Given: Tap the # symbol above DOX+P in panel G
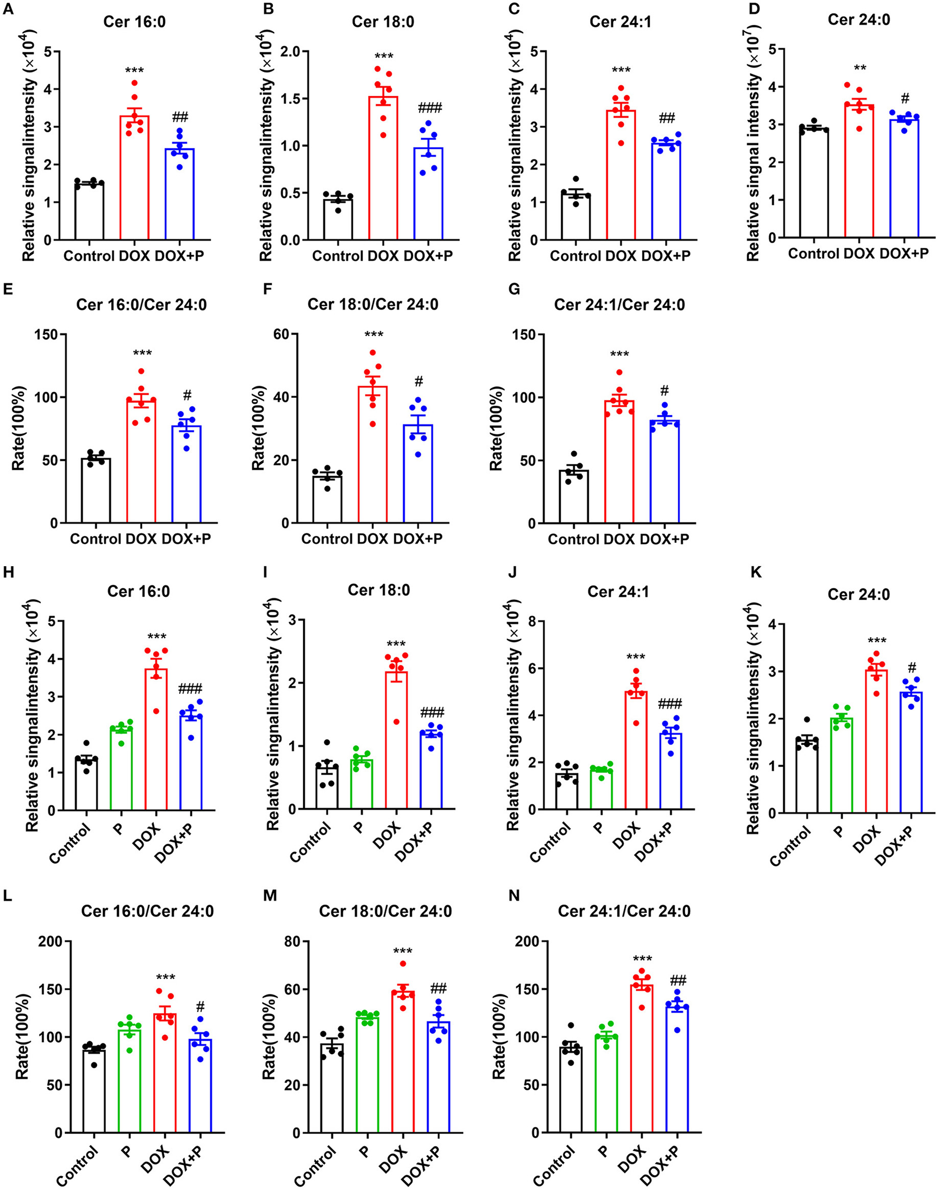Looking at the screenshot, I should pyautogui.click(x=665, y=391).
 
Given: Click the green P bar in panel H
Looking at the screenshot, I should pyautogui.click(x=121, y=769).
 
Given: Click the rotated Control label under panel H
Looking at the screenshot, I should pyautogui.click(x=70, y=843).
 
